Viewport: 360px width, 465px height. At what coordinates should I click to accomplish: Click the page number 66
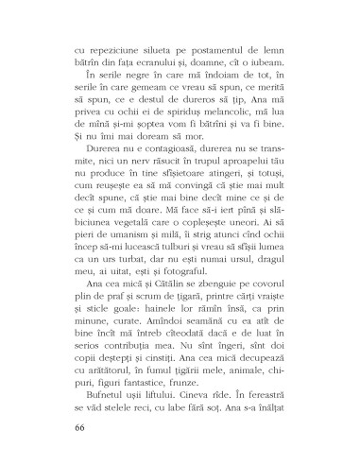77,426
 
